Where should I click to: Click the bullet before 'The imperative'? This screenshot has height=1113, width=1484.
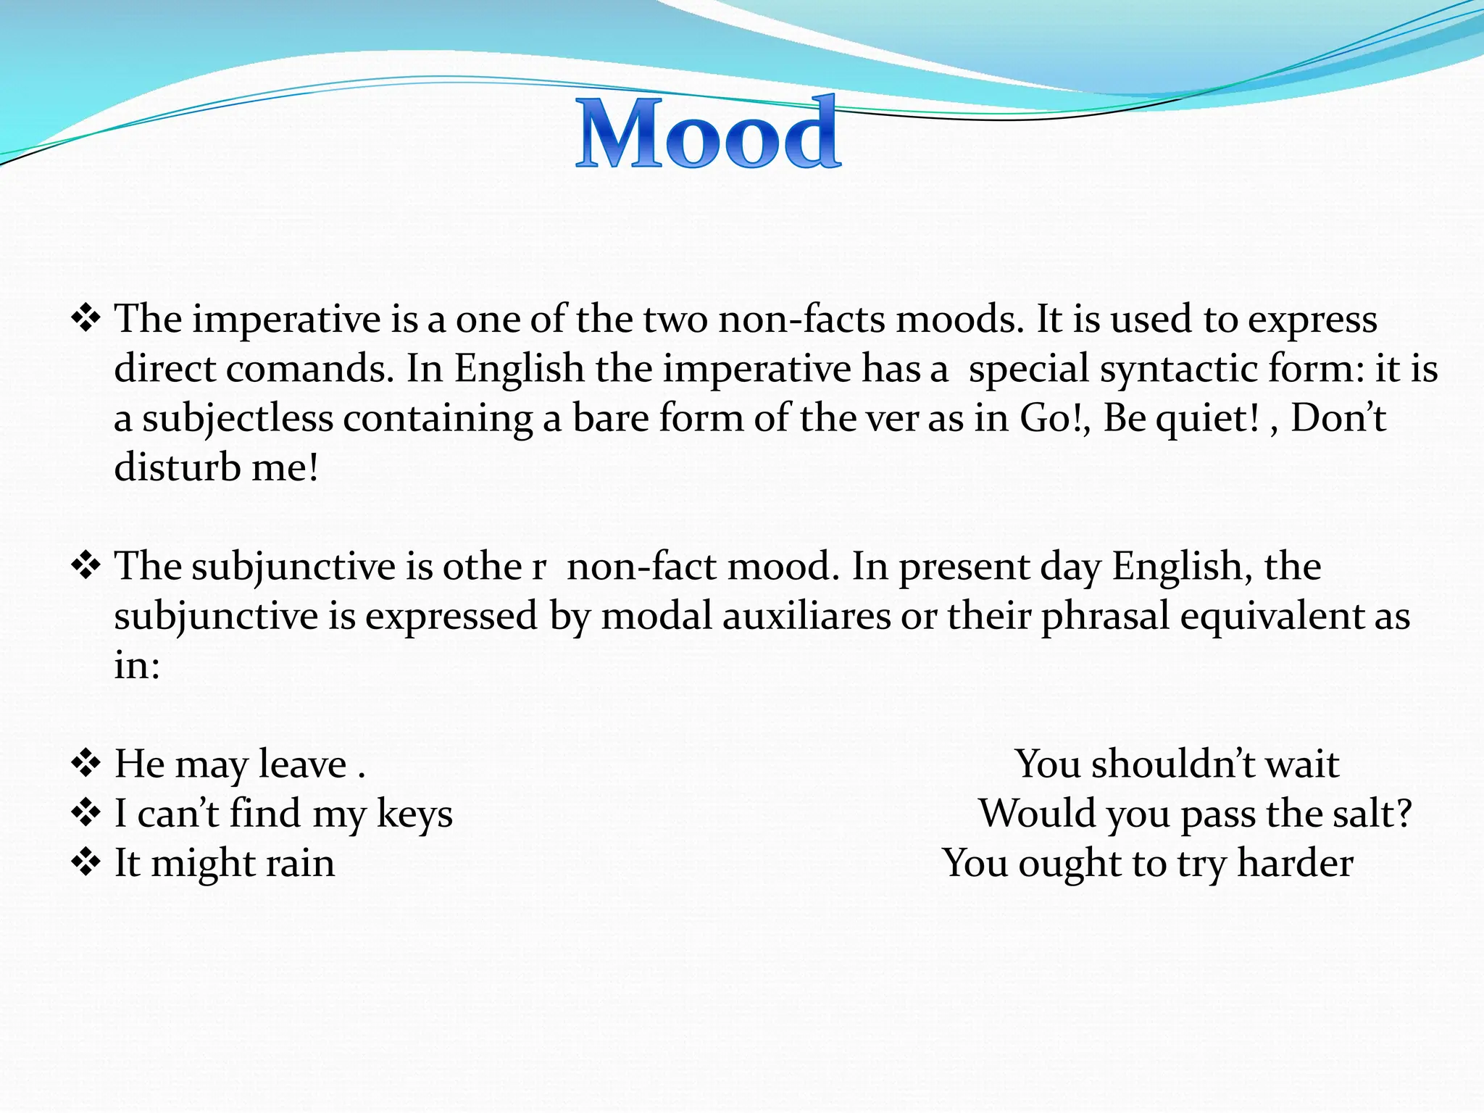click(x=86, y=319)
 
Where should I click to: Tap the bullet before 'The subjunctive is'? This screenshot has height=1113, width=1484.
click(x=86, y=566)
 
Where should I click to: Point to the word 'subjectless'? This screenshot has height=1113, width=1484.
click(x=237, y=419)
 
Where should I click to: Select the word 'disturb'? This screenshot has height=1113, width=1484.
click(x=177, y=467)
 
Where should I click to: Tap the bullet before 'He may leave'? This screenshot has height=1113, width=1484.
click(x=86, y=764)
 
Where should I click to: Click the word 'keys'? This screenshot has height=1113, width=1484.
click(x=414, y=814)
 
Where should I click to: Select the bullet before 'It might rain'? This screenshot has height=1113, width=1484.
click(x=86, y=863)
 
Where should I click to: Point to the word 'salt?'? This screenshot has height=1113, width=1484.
click(x=1372, y=813)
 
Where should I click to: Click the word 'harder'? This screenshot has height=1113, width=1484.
click(x=1295, y=863)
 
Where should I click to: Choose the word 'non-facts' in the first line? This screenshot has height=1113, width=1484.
click(x=801, y=320)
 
